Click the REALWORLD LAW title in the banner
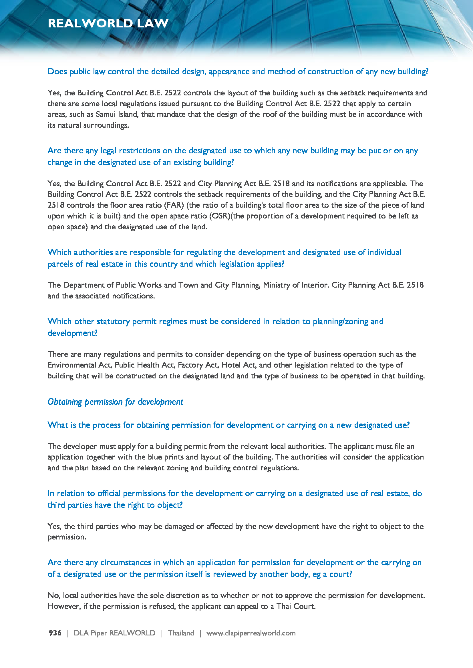[x=108, y=23]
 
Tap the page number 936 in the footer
[x=55, y=633]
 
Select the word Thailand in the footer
[x=181, y=633]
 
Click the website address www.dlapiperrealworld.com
[x=251, y=633]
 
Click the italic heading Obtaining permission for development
[x=115, y=402]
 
